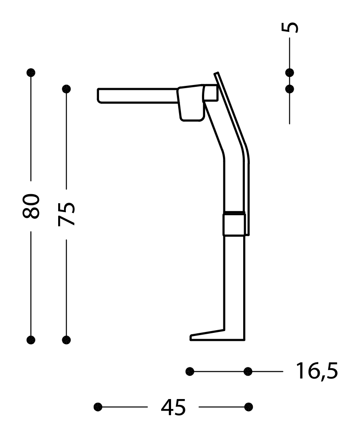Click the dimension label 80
tap(31, 206)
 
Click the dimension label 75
tap(67, 214)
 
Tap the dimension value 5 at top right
tap(290, 27)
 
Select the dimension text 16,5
tap(316, 371)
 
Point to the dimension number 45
tap(173, 407)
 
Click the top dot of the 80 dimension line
tap(31, 72)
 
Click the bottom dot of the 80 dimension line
tap(31, 340)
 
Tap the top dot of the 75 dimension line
tap(67, 89)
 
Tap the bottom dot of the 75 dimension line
tap(67, 340)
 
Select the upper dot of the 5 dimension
tap(290, 72)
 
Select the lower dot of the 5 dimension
tap(290, 89)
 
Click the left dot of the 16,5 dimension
tap(190, 371)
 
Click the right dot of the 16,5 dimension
tap(248, 371)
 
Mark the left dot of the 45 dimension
tap(98, 407)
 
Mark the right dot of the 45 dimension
tap(249, 407)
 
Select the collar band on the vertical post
tap(234, 223)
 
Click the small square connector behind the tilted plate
tap(210, 93)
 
